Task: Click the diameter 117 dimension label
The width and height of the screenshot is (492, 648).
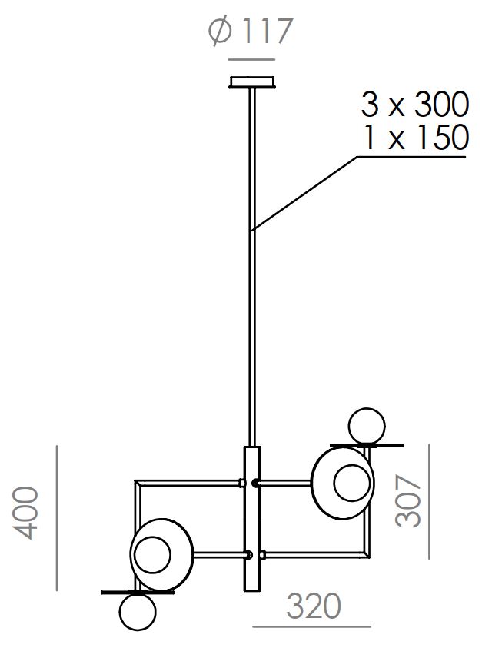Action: pos(251,31)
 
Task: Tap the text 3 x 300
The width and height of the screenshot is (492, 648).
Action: pos(415,104)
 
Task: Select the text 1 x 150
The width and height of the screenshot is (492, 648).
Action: pos(416,137)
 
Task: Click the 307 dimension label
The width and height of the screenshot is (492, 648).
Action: pos(407,501)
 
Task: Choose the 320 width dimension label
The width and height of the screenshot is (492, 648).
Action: pos(314,606)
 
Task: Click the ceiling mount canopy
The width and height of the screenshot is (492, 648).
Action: pos(252,81)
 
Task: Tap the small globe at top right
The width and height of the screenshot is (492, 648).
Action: pos(367,426)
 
